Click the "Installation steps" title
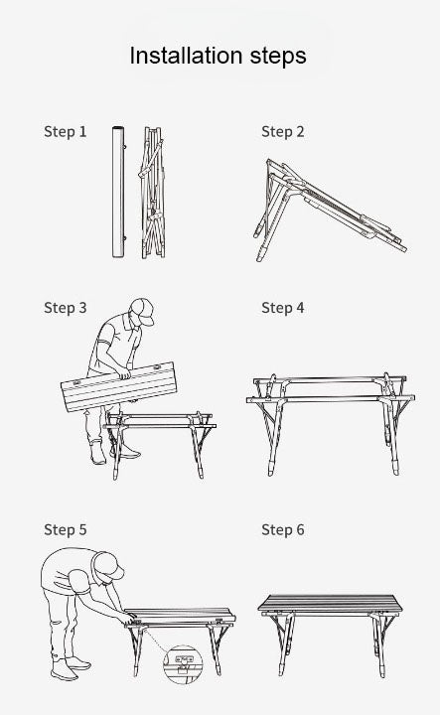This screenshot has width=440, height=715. (x=218, y=56)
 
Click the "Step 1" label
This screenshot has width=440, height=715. (x=66, y=132)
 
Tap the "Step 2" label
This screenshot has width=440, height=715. (x=283, y=132)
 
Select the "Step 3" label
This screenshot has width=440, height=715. (x=66, y=308)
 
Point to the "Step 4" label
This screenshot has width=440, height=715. (x=283, y=308)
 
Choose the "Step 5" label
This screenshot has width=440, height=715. (x=66, y=530)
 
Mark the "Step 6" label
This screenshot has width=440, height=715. (x=283, y=530)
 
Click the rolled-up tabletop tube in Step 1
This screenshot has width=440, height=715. (x=118, y=192)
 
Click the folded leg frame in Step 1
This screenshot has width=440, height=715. (x=152, y=193)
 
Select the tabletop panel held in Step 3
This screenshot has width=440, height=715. (x=118, y=386)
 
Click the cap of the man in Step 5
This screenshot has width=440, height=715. (x=108, y=565)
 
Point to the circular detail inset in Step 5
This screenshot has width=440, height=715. (x=184, y=664)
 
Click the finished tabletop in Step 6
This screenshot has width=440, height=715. (x=332, y=604)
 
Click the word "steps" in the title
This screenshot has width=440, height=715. (x=278, y=58)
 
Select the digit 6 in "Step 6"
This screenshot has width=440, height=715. (x=300, y=530)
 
